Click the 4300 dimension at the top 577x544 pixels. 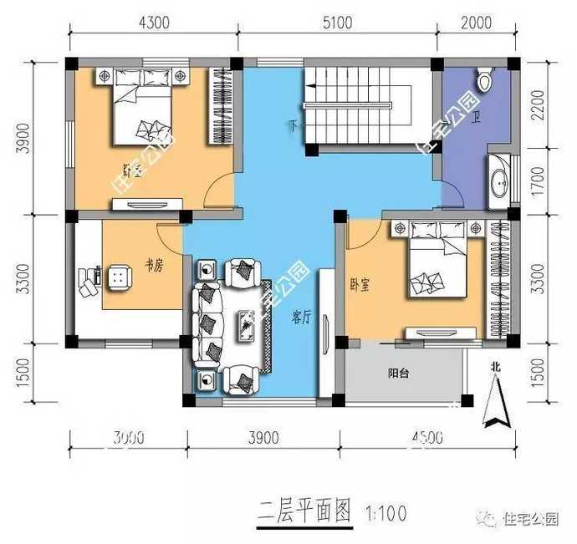coord(152,23)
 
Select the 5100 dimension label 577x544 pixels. coord(337,23)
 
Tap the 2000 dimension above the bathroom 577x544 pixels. coord(476,23)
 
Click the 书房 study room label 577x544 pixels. coord(153,265)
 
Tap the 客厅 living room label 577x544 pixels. coord(301,317)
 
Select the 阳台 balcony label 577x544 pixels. coord(398,374)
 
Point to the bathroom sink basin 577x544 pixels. coord(500,180)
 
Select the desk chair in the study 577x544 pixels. coord(120,276)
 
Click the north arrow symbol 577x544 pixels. coord(496,405)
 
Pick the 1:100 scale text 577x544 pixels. coord(386,511)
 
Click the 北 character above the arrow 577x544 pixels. coord(496,365)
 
